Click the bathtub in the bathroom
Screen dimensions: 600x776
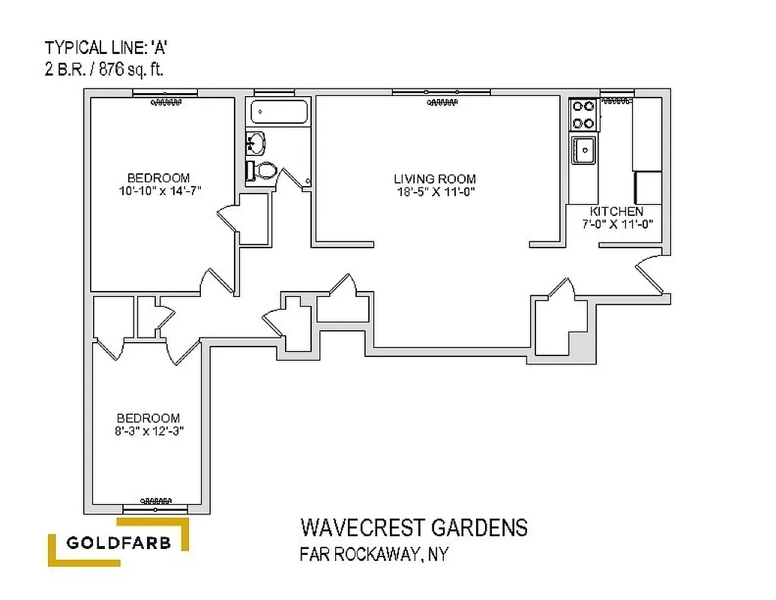[x=279, y=112]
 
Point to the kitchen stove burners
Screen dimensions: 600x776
[x=583, y=114]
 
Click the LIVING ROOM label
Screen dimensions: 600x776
[x=435, y=178]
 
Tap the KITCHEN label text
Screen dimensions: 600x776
[x=616, y=211]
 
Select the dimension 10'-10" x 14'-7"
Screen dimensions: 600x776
[x=158, y=191]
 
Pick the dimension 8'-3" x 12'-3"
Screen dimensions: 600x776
[x=148, y=431]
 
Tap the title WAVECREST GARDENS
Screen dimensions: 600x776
[x=414, y=527]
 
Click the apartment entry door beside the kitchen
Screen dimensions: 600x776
[x=650, y=277]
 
